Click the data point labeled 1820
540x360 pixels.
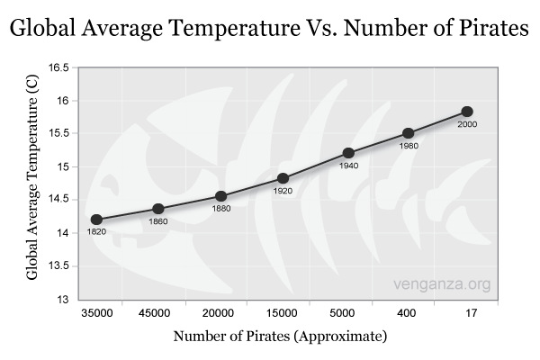click(96, 220)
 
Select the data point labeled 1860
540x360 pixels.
click(158, 209)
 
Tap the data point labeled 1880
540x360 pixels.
click(220, 196)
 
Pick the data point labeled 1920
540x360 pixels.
click(283, 178)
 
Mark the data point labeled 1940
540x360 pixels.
click(348, 153)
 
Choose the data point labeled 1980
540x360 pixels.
click(408, 133)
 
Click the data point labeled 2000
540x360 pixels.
click(467, 112)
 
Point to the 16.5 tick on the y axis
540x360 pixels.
click(58, 68)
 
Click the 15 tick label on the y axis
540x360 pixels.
click(62, 167)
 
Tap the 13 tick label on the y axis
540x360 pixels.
click(62, 300)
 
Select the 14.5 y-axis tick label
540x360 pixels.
click(58, 201)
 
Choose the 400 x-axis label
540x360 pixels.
click(408, 313)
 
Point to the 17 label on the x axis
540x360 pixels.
click(469, 313)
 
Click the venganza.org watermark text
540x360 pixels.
click(443, 285)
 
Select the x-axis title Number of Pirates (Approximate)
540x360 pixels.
click(282, 337)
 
